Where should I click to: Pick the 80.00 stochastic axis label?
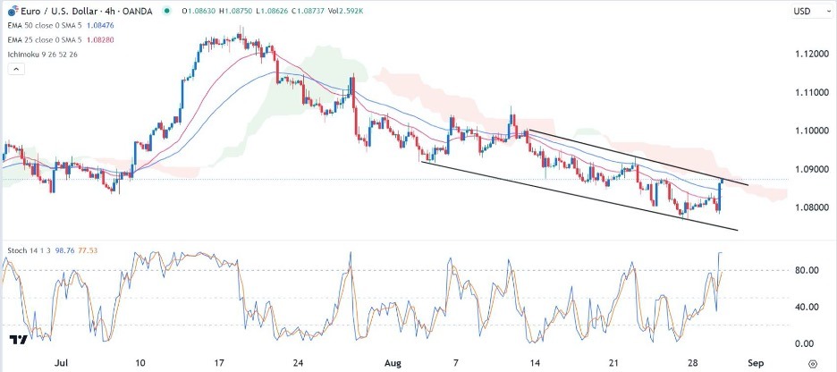pos(807,269)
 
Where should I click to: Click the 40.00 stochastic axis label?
pos(807,307)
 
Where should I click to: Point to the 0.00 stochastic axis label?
pos(805,344)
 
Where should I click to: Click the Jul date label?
pos(62,364)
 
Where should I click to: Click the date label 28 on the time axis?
pos(694,364)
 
